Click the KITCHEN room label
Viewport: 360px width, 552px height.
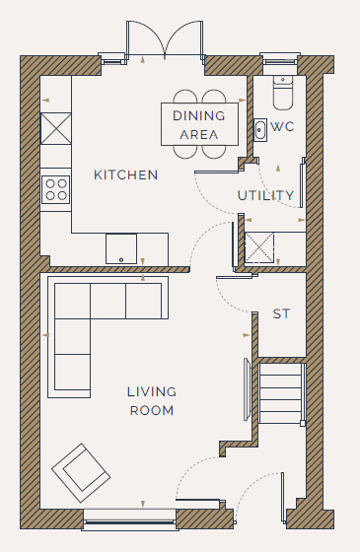(126, 175)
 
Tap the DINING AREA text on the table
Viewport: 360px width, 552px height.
(199, 125)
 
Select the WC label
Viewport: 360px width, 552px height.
(282, 127)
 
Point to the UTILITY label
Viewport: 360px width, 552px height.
(265, 195)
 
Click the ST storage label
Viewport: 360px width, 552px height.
(281, 313)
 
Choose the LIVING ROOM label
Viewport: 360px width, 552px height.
(152, 401)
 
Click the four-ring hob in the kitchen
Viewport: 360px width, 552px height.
(56, 189)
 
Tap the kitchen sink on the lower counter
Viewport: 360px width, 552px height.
(121, 248)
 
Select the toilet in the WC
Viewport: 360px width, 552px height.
(283, 93)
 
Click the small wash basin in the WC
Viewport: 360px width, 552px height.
(260, 130)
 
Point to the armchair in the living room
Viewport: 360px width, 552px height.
(81, 473)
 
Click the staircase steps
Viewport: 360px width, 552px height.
(281, 393)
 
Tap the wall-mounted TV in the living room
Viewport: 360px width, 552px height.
(248, 389)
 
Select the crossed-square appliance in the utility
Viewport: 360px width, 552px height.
(259, 247)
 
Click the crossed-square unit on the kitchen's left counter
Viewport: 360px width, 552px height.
(56, 128)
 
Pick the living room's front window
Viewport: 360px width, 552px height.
(129, 520)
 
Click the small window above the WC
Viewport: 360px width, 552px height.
(280, 59)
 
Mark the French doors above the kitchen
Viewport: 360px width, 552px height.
(165, 39)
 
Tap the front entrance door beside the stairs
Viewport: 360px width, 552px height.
(258, 498)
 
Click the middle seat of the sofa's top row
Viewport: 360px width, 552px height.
(108, 302)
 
